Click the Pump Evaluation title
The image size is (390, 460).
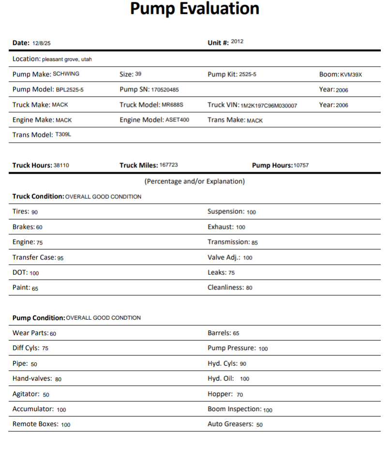tap(195, 9)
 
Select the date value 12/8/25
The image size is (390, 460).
tap(42, 44)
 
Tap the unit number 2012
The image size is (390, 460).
tap(237, 42)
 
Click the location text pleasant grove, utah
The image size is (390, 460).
tap(67, 59)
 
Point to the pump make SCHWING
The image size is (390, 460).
tap(66, 74)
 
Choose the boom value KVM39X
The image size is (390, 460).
tap(351, 75)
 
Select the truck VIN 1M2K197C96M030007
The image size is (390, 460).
tap(269, 105)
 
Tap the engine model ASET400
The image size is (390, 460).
tap(177, 119)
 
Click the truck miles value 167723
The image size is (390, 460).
tap(168, 165)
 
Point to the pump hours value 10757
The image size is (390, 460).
tap(301, 165)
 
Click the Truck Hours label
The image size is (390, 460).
tap(32, 165)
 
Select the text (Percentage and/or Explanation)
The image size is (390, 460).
tap(195, 181)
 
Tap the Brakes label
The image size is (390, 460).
tap(23, 227)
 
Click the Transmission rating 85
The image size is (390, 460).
tap(255, 242)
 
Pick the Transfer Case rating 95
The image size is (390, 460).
tap(60, 258)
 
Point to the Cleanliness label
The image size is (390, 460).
tap(225, 287)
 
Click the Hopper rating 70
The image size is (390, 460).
tap(240, 395)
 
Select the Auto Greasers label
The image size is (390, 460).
tap(230, 424)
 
